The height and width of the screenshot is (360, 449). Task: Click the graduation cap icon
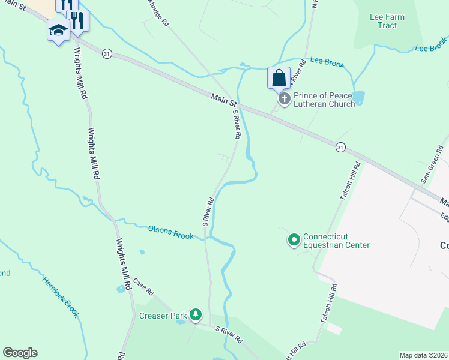pos(58,30)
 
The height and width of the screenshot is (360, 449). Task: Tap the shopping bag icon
pos(279,78)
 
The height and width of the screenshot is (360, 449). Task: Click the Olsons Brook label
pos(171,232)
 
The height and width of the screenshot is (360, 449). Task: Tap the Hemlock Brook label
pos(61,296)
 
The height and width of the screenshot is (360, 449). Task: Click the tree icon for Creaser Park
pos(195,314)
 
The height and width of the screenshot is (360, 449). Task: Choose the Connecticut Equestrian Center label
pos(336,241)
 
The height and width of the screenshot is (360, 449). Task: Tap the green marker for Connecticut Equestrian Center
pos(294,241)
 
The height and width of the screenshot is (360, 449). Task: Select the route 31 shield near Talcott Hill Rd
pos(340,147)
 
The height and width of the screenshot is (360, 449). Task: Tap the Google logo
pos(20,353)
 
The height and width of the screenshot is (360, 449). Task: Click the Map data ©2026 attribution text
pos(423,355)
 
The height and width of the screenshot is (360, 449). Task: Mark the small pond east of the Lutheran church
pos(359,97)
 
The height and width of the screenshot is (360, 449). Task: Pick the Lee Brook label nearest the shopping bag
pos(327,62)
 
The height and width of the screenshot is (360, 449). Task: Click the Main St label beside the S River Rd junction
pos(223,100)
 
